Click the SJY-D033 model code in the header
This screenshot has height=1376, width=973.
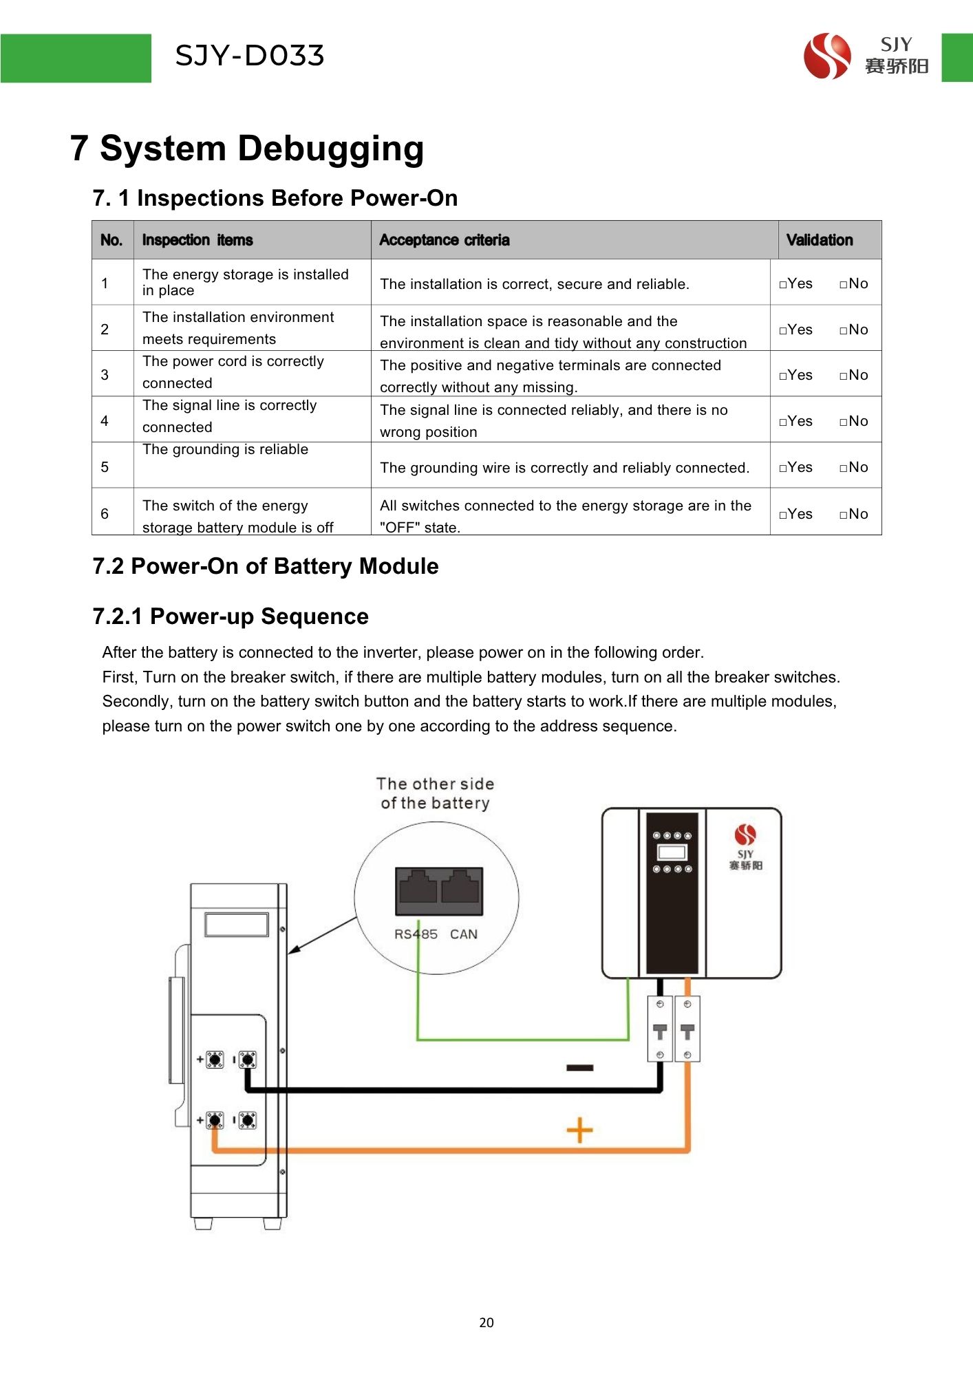(x=249, y=56)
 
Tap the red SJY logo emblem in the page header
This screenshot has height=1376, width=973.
(x=826, y=56)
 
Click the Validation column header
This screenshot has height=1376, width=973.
(x=819, y=240)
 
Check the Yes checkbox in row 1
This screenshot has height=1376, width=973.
(x=783, y=284)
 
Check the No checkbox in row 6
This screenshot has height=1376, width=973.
(x=844, y=515)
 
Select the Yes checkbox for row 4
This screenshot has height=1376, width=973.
(x=783, y=422)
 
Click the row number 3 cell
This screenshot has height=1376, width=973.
(x=105, y=375)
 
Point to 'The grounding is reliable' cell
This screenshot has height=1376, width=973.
(x=225, y=450)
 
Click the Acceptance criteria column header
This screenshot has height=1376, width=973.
(x=445, y=240)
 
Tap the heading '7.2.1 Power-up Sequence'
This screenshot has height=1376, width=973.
(x=231, y=616)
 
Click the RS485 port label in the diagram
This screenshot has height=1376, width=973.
(x=416, y=934)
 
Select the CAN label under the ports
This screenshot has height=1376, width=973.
(x=464, y=934)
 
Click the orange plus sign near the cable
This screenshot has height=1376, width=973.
(x=579, y=1130)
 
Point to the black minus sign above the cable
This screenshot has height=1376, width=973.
(x=579, y=1068)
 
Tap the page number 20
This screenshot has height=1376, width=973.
(x=486, y=1322)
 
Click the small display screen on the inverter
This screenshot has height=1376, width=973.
(x=672, y=852)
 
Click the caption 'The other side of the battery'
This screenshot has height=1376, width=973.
(x=435, y=793)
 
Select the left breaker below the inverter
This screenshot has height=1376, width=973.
(x=660, y=1029)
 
